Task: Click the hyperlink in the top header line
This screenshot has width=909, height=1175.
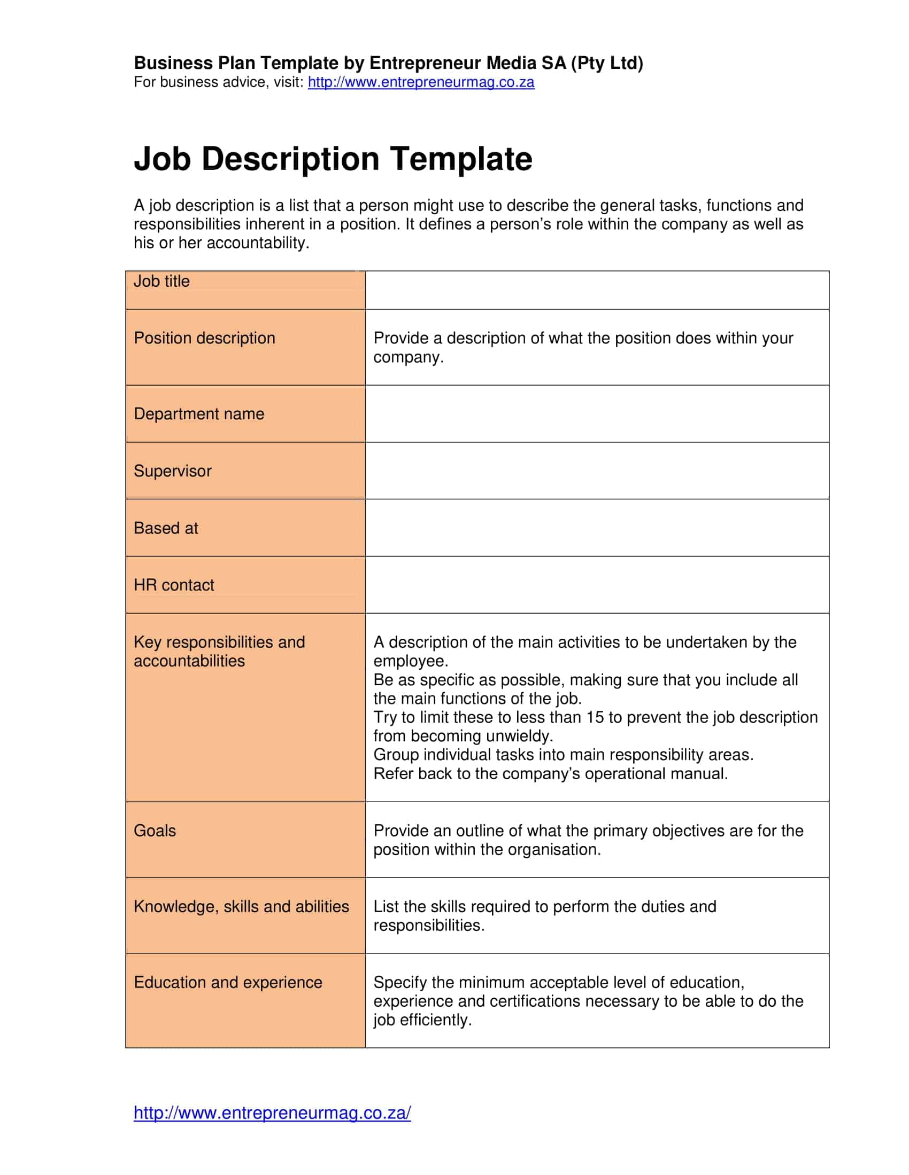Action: tap(421, 82)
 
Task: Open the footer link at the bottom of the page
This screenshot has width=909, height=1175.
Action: tap(272, 1113)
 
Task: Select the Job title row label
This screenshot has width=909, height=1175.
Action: tap(161, 281)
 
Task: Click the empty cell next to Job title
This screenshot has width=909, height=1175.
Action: tap(597, 290)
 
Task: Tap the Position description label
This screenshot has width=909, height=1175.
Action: tap(204, 339)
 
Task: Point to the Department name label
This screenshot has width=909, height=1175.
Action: tap(199, 414)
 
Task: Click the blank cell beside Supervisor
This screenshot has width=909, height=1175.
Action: tap(597, 471)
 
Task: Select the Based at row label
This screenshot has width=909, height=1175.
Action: tap(166, 528)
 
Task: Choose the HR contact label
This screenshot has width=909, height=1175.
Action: tap(173, 585)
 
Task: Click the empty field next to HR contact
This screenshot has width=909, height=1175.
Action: tap(597, 585)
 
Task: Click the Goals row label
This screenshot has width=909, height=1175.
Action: tap(155, 831)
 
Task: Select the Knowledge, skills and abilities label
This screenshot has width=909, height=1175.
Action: tap(241, 906)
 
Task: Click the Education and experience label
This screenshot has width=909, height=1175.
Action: tap(228, 982)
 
